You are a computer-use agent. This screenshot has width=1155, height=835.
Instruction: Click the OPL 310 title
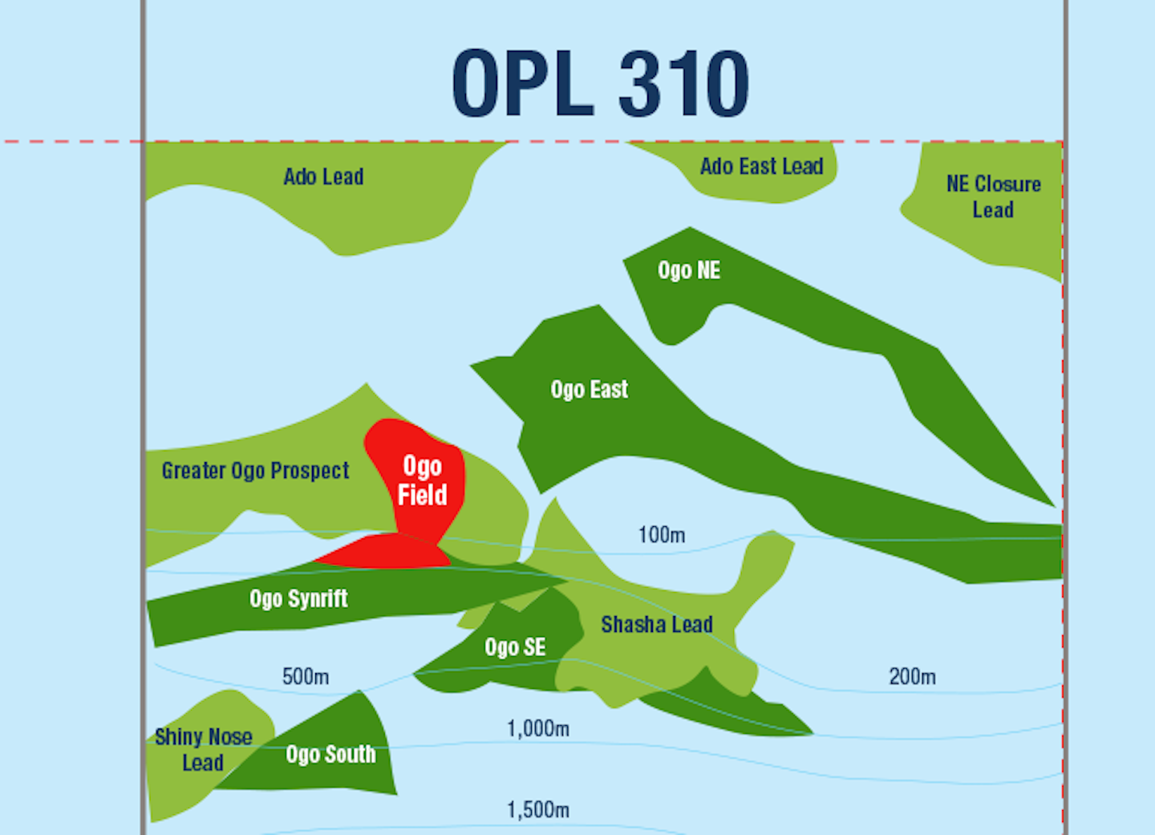click(x=600, y=83)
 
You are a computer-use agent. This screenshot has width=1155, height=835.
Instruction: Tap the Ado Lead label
click(x=323, y=176)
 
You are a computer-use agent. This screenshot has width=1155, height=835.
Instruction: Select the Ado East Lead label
click(x=761, y=167)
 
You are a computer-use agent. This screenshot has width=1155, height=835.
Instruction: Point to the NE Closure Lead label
click(x=993, y=197)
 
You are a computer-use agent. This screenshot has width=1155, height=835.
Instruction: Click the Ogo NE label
click(x=689, y=270)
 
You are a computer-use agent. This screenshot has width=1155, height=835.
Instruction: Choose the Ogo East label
click(x=589, y=390)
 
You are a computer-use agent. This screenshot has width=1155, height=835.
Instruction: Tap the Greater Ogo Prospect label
click(x=255, y=471)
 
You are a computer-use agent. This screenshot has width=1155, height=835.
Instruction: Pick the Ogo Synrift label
click(x=298, y=599)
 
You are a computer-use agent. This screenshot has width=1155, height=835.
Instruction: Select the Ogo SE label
click(x=515, y=647)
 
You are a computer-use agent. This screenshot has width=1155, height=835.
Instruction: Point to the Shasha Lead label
click(x=657, y=625)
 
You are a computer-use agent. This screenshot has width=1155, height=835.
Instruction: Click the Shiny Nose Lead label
click(x=203, y=749)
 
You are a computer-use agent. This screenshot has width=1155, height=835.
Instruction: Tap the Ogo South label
click(x=330, y=755)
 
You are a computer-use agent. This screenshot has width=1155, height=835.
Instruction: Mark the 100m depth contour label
click(x=662, y=535)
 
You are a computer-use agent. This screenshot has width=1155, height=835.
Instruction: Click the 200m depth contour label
click(x=912, y=677)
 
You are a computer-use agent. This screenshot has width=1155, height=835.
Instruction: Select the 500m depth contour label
click(x=306, y=677)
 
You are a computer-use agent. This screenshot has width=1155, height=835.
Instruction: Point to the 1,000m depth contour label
click(x=538, y=729)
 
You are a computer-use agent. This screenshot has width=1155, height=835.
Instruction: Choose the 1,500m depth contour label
click(x=538, y=810)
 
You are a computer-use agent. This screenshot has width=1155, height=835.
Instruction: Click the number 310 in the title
click(x=683, y=83)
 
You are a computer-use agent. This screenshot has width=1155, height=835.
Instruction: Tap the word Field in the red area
click(x=423, y=495)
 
